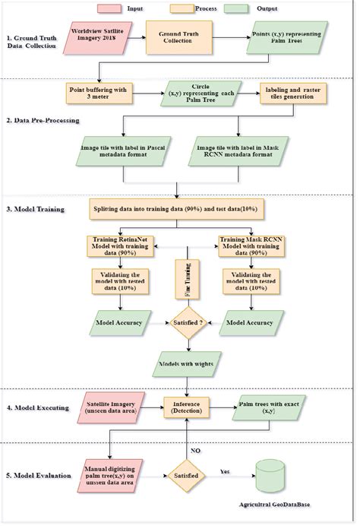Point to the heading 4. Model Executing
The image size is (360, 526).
pyautogui.click(x=39, y=407)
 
